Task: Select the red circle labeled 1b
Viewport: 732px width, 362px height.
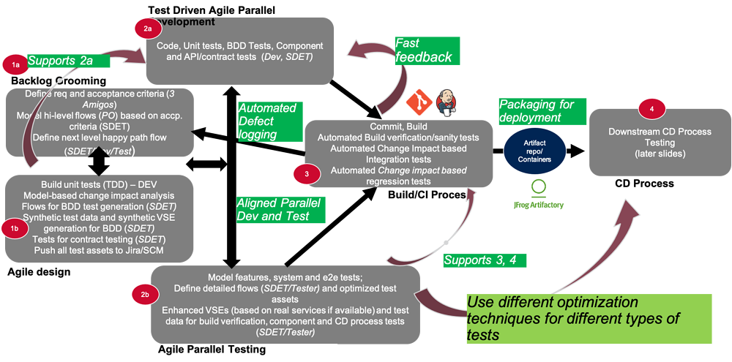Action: coord(15,229)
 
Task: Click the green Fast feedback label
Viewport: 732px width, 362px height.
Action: coord(424,50)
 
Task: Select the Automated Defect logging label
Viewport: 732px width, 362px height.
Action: coord(267,121)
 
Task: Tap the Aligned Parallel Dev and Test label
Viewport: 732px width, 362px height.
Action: coord(273,209)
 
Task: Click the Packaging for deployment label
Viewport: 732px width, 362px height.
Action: coord(535,110)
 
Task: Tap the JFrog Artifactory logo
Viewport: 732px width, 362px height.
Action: coord(538,194)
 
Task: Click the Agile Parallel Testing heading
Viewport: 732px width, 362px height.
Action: coord(212,350)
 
